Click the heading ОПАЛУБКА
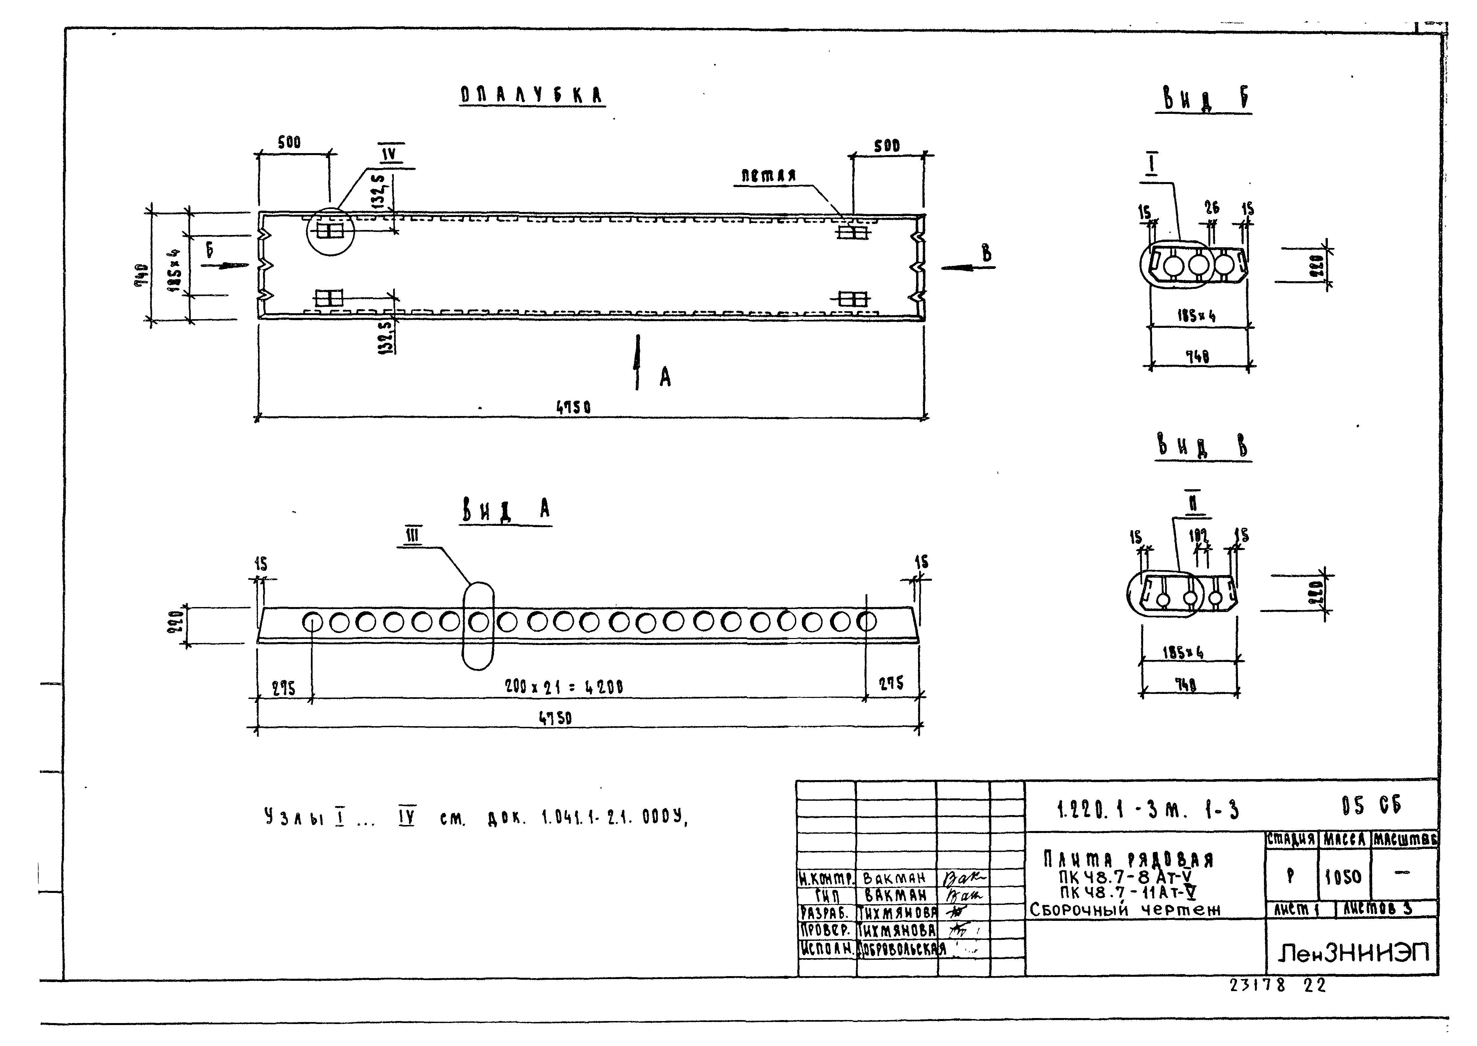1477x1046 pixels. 532,95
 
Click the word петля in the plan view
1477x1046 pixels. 768,175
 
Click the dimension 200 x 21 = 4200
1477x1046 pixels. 564,687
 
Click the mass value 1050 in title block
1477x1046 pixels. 1343,877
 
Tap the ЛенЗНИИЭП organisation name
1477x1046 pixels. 1353,952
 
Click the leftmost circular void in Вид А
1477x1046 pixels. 312,622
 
